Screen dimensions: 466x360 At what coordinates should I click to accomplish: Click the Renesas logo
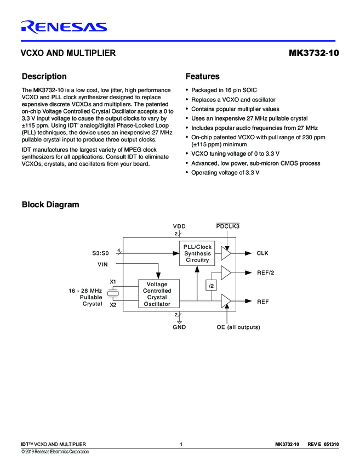point(64,27)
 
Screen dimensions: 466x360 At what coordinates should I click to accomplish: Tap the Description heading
point(44,76)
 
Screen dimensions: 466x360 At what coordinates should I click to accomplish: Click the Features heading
point(202,76)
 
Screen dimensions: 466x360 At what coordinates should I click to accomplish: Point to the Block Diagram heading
point(50,204)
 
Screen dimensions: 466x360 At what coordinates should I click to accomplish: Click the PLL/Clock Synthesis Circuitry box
point(197,253)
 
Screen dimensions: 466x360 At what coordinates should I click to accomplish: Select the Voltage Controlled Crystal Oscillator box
point(157,294)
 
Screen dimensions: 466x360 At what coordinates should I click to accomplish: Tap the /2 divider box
point(211,286)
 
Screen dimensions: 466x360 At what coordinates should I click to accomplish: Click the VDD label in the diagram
point(179,226)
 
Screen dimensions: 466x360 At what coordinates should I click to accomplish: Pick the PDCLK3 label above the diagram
point(228,226)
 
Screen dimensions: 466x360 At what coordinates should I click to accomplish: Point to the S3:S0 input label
point(100,253)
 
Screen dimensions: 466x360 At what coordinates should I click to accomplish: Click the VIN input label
point(102,264)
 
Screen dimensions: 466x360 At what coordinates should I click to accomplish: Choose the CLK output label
point(262,253)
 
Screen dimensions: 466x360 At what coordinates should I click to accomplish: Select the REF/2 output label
point(265,272)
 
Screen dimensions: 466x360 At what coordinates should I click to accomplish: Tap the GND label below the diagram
point(179,327)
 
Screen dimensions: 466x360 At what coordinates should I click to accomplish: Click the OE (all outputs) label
point(238,327)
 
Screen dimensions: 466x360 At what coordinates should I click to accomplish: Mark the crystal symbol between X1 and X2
point(113,293)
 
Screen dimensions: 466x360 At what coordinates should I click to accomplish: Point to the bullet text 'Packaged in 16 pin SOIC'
point(224,90)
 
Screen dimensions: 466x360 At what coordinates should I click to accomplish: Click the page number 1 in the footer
point(180,444)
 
